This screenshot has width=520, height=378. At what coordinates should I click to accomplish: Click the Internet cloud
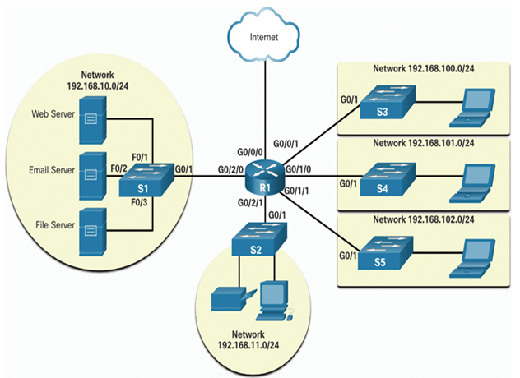[264, 36]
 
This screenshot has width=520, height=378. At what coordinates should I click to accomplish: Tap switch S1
[146, 180]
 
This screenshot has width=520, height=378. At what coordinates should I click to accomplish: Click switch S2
[259, 239]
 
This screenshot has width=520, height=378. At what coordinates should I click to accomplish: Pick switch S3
[388, 102]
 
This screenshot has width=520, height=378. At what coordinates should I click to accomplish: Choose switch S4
[388, 179]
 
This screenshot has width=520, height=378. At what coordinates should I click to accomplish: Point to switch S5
[386, 253]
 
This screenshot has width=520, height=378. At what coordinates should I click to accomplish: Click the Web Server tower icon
[92, 120]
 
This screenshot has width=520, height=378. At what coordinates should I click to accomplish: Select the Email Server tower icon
[92, 176]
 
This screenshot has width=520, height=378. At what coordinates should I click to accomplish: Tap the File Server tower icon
[92, 232]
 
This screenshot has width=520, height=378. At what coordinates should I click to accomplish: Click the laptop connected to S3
[472, 108]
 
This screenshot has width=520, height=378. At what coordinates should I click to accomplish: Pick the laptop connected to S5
[472, 258]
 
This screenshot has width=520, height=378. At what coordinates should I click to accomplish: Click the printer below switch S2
[234, 299]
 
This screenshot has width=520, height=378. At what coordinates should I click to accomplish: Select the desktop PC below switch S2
[274, 301]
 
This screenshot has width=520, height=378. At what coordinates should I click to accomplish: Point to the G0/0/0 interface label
[250, 152]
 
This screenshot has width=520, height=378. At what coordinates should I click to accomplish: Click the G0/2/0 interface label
[231, 169]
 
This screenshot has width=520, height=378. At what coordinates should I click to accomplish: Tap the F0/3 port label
[139, 202]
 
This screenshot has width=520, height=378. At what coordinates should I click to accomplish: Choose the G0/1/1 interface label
[297, 191]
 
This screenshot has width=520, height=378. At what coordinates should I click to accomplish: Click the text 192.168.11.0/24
[248, 345]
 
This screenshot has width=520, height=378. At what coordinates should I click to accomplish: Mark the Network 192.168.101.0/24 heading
[424, 143]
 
